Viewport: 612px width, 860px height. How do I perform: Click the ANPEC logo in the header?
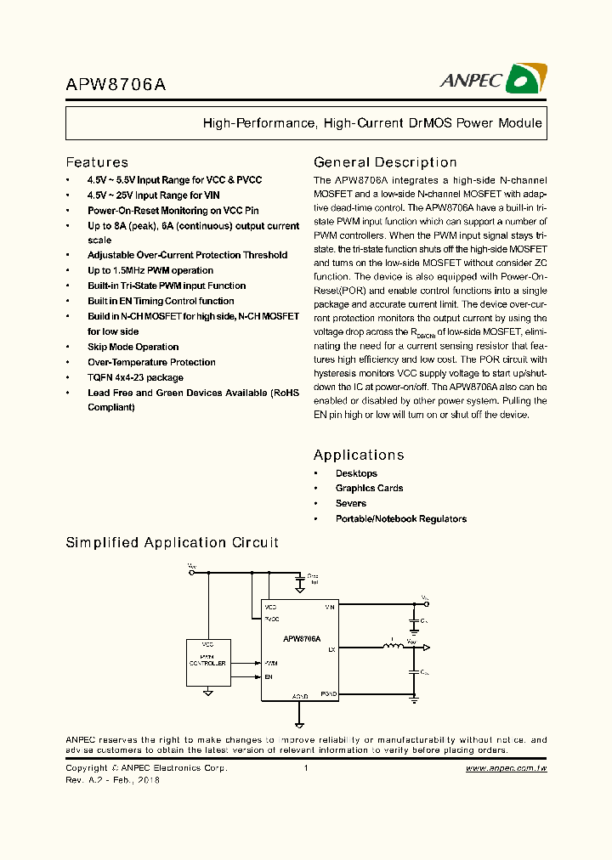click(x=493, y=79)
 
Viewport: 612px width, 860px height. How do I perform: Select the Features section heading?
click(x=97, y=162)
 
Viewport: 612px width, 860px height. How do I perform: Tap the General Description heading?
click(x=385, y=162)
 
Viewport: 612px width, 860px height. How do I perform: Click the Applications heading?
click(x=359, y=455)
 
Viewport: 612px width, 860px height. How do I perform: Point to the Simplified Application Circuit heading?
click(x=172, y=542)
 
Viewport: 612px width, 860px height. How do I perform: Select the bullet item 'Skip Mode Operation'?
click(x=133, y=347)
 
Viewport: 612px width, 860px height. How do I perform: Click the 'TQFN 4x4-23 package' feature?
click(x=135, y=377)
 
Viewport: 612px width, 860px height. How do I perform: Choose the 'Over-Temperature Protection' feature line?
click(x=151, y=362)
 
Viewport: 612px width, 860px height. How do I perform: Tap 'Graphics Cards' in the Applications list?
click(x=369, y=488)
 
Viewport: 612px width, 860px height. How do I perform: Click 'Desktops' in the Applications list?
click(x=356, y=473)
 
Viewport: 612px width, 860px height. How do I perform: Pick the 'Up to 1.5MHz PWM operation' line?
click(x=150, y=270)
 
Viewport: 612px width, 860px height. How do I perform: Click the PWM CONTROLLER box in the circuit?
click(x=207, y=664)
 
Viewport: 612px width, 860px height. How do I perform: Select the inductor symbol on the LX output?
click(x=393, y=648)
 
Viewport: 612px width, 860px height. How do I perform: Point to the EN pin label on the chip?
click(x=269, y=677)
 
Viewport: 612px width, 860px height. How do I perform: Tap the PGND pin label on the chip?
click(x=329, y=694)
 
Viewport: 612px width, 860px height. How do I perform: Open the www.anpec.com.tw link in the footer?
click(x=506, y=768)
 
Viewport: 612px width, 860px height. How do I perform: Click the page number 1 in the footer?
click(x=305, y=768)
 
